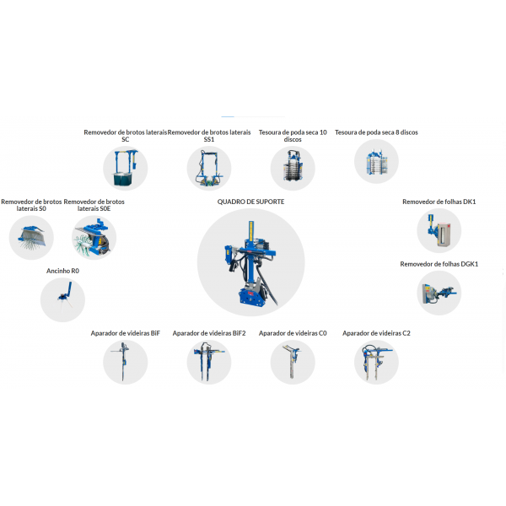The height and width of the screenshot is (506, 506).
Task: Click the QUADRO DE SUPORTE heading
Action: coord(250,202)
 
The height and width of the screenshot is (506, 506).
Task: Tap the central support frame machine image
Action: coord(250,262)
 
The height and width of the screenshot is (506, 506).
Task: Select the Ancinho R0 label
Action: coord(62,271)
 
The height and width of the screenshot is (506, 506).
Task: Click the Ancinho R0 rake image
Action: coord(62,299)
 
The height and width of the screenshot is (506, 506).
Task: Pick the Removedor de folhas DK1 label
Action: coord(439,202)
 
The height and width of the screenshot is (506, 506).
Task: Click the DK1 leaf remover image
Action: coord(439,230)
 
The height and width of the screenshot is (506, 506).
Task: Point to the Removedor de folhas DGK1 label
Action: coord(439,264)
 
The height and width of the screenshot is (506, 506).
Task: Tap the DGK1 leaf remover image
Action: coord(439,293)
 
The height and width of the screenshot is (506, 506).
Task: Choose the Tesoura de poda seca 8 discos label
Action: coord(376,132)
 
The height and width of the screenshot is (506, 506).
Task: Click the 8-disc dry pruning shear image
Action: coord(376,161)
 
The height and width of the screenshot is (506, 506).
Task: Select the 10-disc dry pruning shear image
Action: coord(293,168)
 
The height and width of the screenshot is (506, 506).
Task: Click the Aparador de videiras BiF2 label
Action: coord(209,333)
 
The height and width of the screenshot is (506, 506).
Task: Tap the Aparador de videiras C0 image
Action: coord(293,362)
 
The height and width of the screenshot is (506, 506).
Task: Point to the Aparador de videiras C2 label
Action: coord(376,333)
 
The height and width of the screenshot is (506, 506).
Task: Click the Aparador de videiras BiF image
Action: coord(125,362)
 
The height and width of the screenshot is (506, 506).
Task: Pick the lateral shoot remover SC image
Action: coord(125,168)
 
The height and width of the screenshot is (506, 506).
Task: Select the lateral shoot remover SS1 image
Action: coord(209,168)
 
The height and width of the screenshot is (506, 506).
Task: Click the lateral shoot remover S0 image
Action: coord(31,238)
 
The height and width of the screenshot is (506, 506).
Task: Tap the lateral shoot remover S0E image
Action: coord(94,238)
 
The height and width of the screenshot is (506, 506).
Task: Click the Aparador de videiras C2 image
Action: coord(376,362)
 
